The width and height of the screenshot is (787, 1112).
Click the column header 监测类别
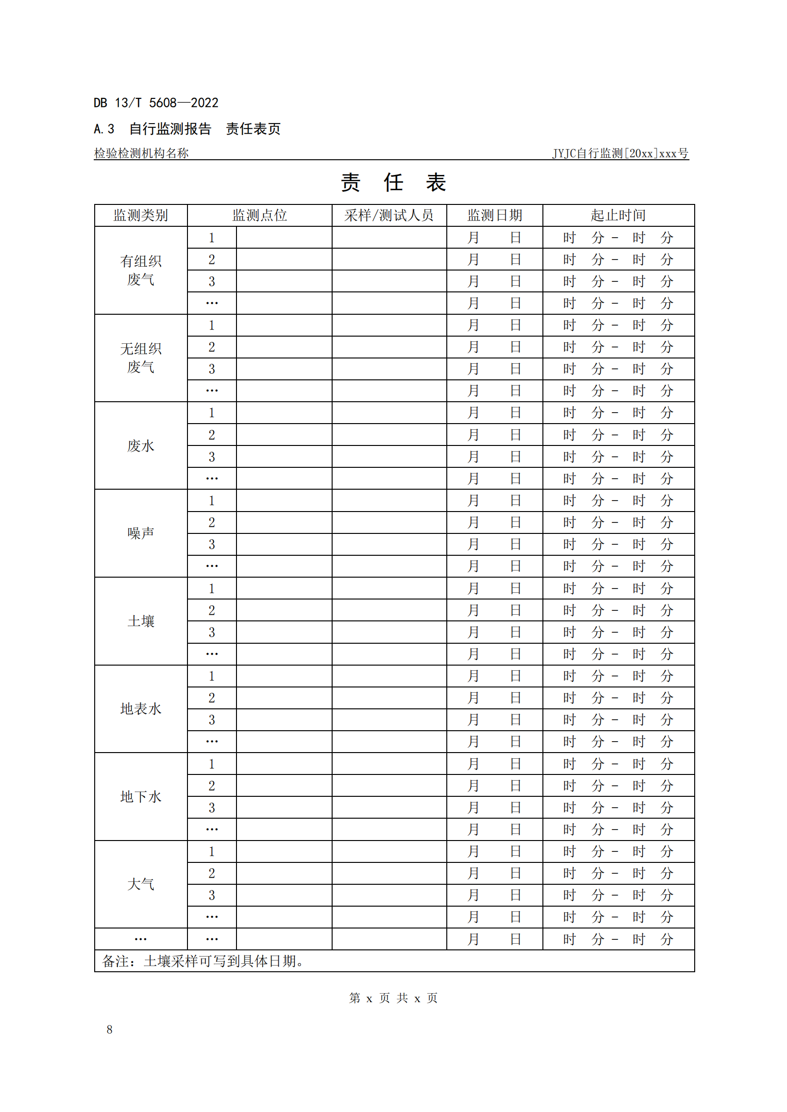click(140, 215)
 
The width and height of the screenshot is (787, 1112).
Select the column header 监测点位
click(259, 215)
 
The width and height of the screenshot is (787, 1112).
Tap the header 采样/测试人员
click(389, 215)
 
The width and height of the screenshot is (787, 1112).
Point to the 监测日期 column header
click(494, 215)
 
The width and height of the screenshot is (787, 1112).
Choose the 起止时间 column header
click(618, 215)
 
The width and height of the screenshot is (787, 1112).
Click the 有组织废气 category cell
click(140, 270)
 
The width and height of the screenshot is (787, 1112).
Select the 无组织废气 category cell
click(140, 358)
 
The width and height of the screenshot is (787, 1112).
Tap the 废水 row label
click(140, 445)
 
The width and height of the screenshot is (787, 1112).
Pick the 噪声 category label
click(140, 533)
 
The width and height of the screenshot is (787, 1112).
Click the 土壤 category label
click(140, 621)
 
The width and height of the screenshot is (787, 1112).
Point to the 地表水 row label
click(140, 708)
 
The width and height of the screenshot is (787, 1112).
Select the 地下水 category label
click(140, 796)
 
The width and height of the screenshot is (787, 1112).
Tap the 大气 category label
click(140, 884)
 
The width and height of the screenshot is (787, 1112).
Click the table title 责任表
click(393, 183)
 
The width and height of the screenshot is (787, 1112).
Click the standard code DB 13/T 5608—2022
click(156, 103)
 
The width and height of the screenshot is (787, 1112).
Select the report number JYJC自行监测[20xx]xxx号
click(620, 153)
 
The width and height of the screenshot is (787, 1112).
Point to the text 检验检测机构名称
click(141, 153)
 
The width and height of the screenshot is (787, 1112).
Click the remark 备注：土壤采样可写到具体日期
click(203, 961)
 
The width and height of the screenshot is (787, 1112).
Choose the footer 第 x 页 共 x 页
click(393, 998)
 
